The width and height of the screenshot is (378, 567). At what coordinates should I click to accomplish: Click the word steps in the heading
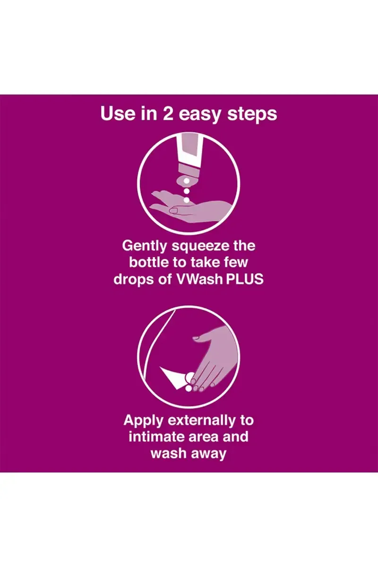coord(252,115)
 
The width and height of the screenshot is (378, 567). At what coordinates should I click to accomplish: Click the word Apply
coord(143,421)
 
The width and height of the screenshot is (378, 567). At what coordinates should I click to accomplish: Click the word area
coord(200,438)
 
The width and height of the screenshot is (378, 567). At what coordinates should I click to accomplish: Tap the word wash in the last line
coord(168,453)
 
